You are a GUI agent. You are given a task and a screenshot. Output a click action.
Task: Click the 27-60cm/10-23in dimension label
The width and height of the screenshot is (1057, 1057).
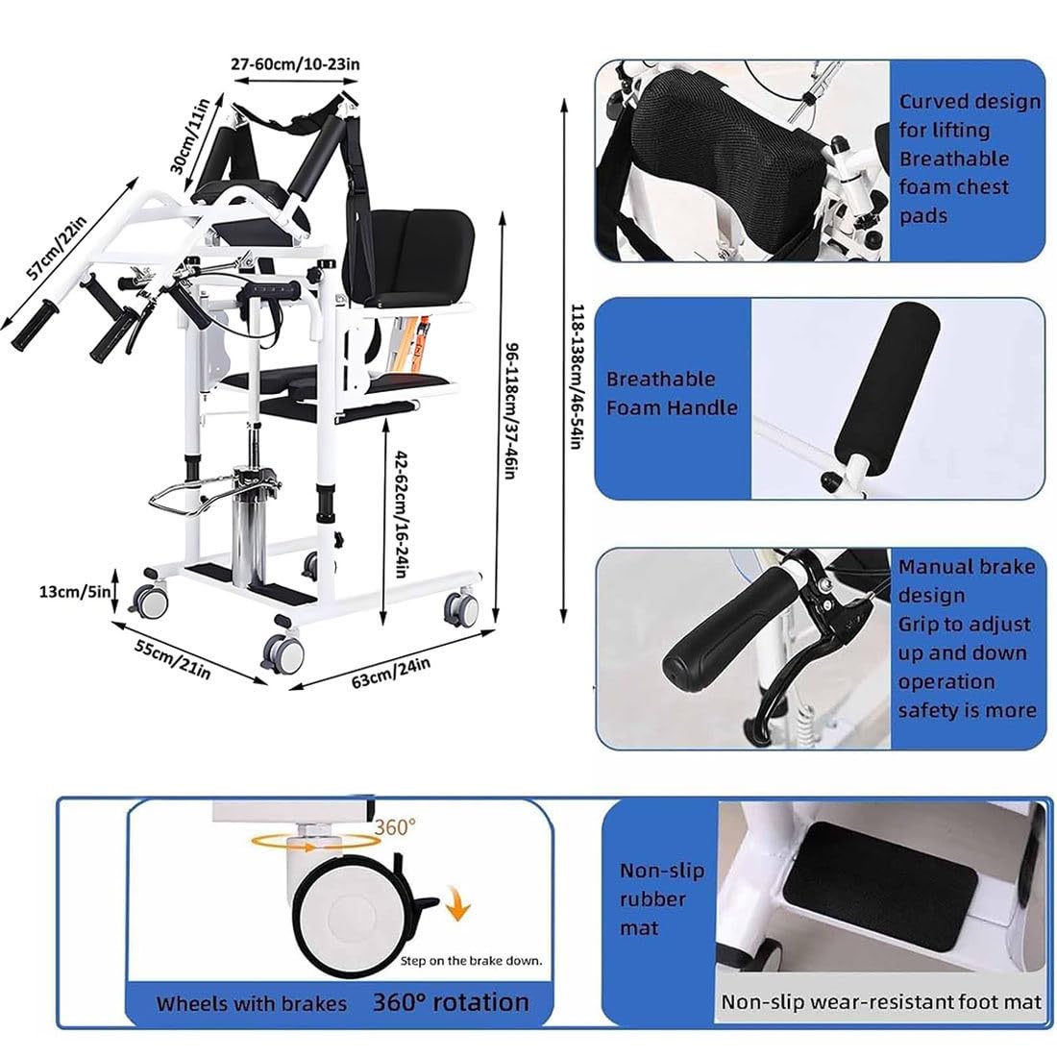[295, 64]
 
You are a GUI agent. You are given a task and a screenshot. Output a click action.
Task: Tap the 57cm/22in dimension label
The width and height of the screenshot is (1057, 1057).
[57, 247]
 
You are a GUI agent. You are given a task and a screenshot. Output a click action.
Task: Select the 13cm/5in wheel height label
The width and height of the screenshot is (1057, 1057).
[75, 592]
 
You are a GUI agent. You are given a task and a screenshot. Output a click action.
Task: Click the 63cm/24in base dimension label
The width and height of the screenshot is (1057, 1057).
[391, 673]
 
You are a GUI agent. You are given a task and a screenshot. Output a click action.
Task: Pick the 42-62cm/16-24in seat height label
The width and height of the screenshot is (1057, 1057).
[400, 514]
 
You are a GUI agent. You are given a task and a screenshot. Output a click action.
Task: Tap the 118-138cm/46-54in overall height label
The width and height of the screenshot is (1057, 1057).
[578, 376]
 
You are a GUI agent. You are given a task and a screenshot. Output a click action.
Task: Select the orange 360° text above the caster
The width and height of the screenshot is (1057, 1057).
[395, 826]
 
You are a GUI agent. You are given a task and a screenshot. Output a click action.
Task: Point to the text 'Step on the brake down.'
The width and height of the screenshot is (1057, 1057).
[471, 961]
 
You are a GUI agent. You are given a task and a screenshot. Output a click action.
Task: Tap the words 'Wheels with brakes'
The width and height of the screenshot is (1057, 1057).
[252, 1004]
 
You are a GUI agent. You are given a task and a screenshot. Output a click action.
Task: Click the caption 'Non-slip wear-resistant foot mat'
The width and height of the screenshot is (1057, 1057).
[881, 1002]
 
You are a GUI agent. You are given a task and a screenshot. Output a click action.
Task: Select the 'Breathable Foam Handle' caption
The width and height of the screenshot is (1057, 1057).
[672, 393]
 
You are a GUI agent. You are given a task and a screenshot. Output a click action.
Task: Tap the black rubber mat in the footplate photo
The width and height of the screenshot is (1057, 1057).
[879, 877]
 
